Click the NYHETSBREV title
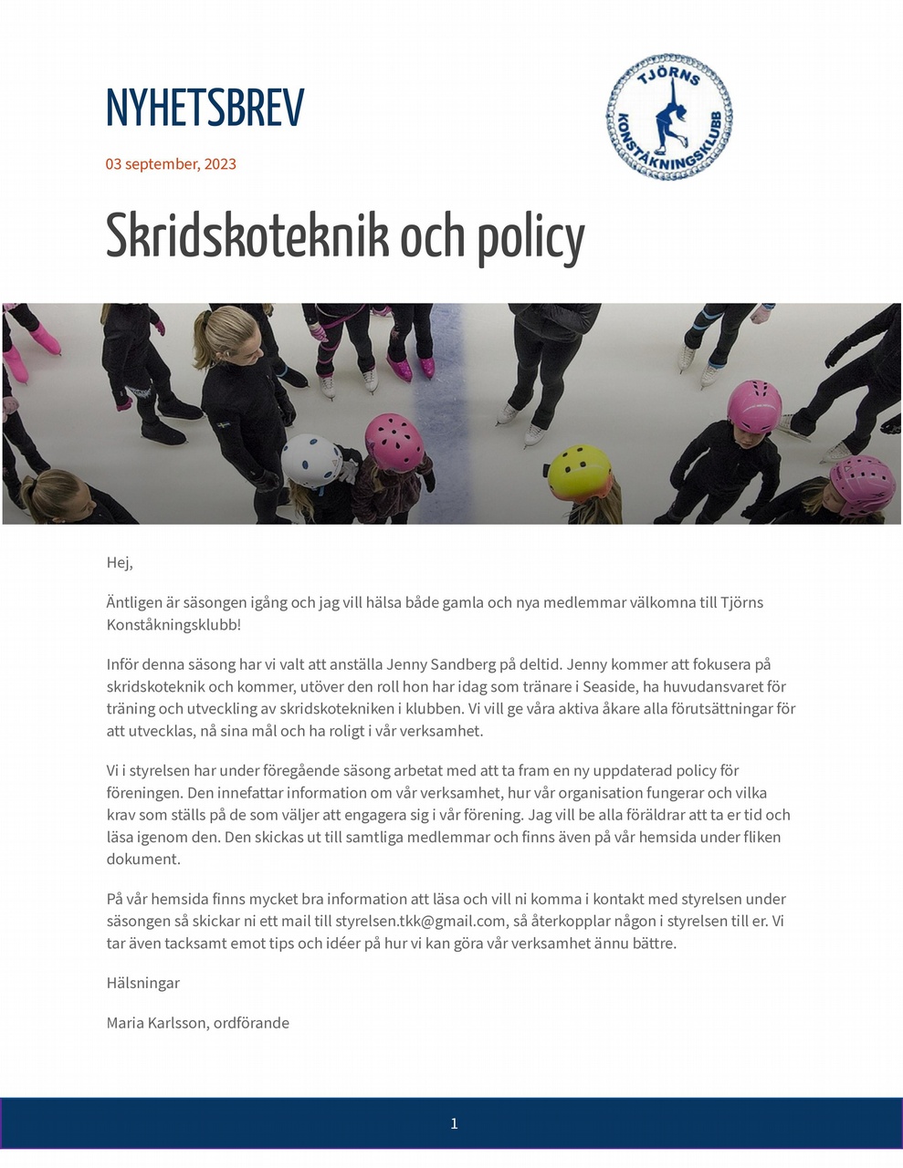(205, 109)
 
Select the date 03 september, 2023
(171, 164)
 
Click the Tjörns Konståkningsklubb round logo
(670, 117)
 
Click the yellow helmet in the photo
(579, 470)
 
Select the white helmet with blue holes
(310, 460)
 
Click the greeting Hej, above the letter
(120, 563)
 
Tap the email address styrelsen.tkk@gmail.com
(420, 921)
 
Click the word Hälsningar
(143, 983)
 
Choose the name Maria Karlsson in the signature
(157, 1023)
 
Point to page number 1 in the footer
(454, 1123)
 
